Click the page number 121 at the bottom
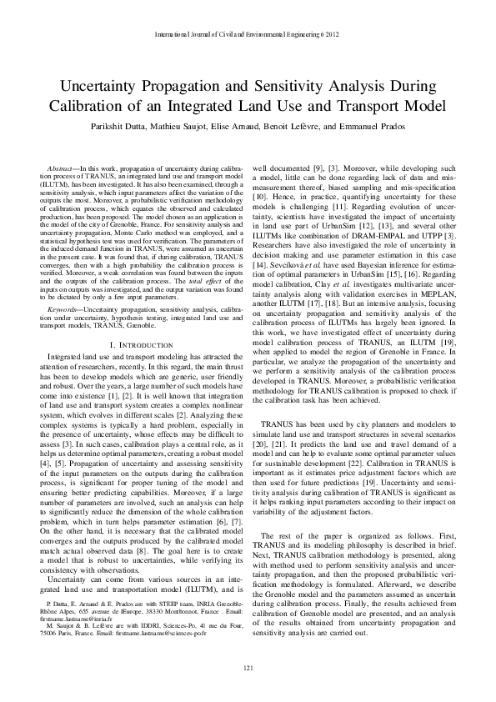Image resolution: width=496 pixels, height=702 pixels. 248,669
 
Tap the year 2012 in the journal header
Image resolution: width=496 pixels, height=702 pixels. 330,35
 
